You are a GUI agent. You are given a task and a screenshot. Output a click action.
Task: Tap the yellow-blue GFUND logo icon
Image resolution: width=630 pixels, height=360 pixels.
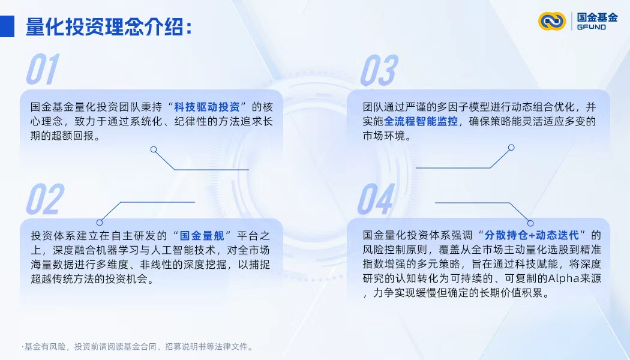pyautogui.click(x=552, y=21)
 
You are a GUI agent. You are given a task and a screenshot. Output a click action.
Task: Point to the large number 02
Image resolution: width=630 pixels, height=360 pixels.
pyautogui.click(x=45, y=199)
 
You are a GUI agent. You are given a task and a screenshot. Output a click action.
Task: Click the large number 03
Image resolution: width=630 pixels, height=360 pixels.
pyautogui.click(x=378, y=70)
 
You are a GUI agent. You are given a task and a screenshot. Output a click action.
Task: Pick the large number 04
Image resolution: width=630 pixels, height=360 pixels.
pyautogui.click(x=376, y=199)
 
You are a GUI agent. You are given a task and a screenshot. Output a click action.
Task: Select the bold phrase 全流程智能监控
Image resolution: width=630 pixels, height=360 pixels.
pyautogui.click(x=421, y=122)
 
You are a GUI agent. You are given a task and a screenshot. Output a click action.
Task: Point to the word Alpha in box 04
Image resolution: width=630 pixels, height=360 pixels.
pyautogui.click(x=546, y=280)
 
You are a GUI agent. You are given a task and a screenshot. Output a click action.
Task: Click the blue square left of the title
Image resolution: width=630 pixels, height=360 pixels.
pyautogui.click(x=7, y=26)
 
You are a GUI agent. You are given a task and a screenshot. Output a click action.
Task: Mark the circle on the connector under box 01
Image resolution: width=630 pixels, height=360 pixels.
pyautogui.click(x=154, y=149)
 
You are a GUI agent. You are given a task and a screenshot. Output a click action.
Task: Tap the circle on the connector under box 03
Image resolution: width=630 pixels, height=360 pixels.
pyautogui.click(x=511, y=147)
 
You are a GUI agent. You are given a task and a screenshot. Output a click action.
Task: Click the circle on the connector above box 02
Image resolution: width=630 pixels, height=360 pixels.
pyautogui.click(x=100, y=222)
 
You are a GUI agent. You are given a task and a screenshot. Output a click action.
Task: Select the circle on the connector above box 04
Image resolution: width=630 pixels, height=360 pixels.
pyautogui.click(x=530, y=223)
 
